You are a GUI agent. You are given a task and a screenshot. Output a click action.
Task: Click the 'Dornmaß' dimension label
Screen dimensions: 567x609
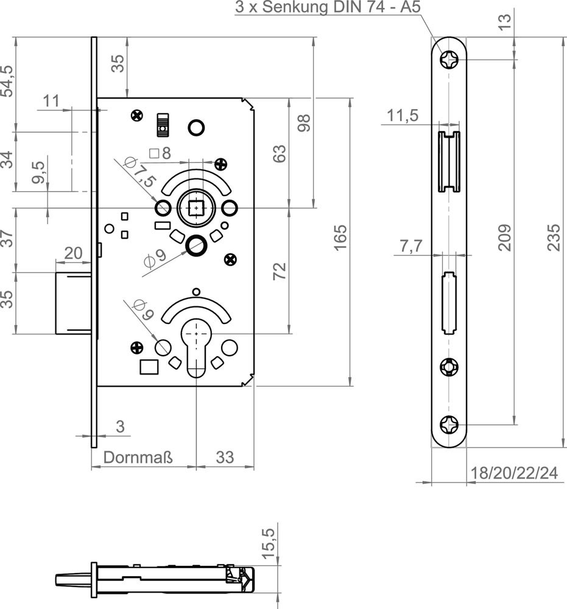138,457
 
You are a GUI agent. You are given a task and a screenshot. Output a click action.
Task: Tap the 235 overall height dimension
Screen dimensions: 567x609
554,238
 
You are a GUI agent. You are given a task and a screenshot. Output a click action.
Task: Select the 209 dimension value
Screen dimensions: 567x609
505,238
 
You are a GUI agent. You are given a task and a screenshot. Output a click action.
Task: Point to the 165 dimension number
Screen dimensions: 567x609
340,238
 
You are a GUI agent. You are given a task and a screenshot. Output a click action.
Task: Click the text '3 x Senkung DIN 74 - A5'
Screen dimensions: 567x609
328,7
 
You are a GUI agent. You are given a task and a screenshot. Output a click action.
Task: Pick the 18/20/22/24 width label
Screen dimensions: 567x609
514,473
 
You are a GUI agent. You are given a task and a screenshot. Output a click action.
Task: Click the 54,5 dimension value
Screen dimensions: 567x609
7,81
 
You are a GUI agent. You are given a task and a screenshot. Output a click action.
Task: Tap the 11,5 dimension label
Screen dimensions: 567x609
403,115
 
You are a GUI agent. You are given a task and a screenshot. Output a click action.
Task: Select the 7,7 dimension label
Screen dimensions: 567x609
411,246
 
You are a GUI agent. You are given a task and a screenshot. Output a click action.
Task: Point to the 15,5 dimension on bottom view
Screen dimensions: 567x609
270,543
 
